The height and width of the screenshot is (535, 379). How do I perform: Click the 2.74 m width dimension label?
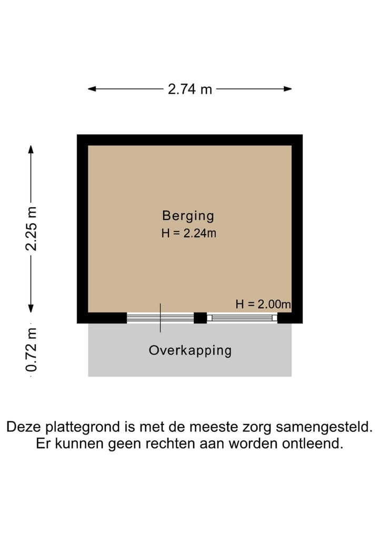190,89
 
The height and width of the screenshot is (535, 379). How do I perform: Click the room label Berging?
188,215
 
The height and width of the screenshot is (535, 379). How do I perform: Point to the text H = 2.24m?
188,234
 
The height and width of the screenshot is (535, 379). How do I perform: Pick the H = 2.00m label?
263,304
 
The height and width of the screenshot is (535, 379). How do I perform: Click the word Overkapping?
190,350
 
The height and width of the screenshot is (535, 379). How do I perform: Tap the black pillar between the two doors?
200,318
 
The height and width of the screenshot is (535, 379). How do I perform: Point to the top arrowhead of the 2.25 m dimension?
32,148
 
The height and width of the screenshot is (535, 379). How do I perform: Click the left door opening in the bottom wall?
160,318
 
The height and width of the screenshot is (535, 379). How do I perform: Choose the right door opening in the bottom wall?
242,318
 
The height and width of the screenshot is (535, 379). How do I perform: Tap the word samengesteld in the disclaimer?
323,427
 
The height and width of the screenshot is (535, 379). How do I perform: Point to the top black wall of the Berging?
189,139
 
